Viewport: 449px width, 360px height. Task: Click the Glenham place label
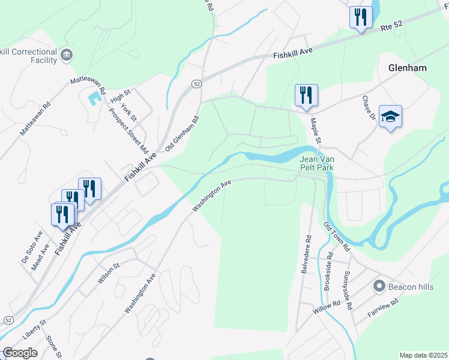pos(407,68)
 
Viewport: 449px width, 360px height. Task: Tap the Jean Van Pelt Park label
pos(316,164)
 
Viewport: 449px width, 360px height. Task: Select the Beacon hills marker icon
pos(379,287)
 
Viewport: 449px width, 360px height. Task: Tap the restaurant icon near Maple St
pos(306,95)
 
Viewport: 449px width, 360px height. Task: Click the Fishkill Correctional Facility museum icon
pos(67,55)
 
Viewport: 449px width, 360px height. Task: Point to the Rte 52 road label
pos(393,26)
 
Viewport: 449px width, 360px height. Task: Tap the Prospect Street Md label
pos(127,128)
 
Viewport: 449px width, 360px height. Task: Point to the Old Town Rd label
pos(337,236)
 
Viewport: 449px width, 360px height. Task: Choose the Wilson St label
pos(109,273)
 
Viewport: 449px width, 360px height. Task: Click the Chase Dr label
pos(368,107)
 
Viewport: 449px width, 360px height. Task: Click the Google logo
pos(20,353)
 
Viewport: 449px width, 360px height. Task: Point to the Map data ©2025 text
pos(423,355)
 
